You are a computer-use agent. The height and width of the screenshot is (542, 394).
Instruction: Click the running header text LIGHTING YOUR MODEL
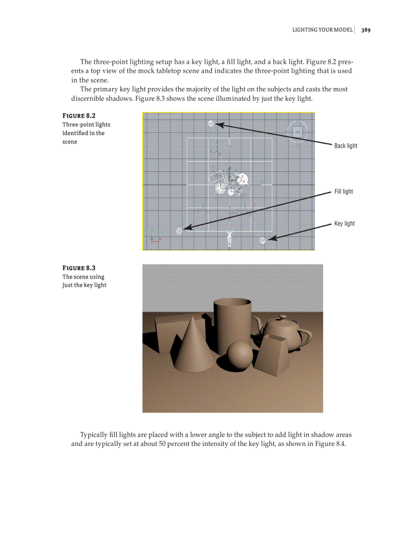322,30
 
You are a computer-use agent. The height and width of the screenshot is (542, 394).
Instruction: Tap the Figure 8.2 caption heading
79,116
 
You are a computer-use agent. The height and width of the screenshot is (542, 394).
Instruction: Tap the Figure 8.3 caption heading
79,268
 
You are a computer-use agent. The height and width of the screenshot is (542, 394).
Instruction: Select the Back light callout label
346,146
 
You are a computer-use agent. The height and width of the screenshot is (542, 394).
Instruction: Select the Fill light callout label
343,192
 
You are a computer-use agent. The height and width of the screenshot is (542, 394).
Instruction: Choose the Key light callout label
344,223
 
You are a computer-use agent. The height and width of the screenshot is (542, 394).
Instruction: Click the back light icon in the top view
211,124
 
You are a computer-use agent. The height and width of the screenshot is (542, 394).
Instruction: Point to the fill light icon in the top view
180,231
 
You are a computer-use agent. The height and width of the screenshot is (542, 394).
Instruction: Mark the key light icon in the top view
263,240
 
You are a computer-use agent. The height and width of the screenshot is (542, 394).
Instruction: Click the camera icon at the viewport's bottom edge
230,239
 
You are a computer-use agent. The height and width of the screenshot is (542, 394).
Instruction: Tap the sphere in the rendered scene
240,355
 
